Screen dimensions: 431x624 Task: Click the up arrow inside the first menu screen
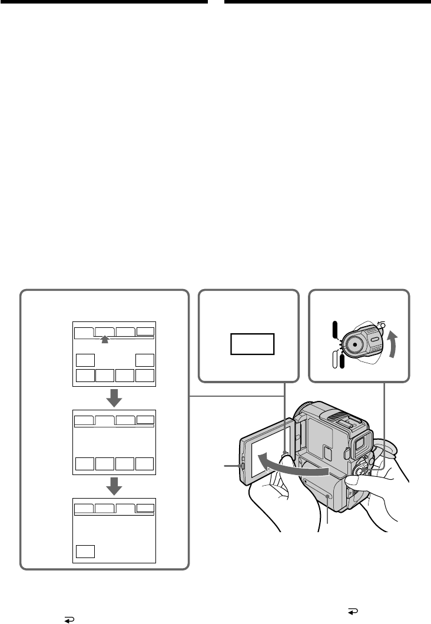tap(104, 339)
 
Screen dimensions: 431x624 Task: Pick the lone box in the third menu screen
tap(85, 551)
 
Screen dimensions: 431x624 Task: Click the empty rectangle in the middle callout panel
tap(252, 344)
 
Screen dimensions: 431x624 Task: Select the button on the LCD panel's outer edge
tap(241, 466)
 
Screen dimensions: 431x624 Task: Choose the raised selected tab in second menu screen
tap(104, 420)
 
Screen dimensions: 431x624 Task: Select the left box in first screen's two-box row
tap(85, 360)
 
